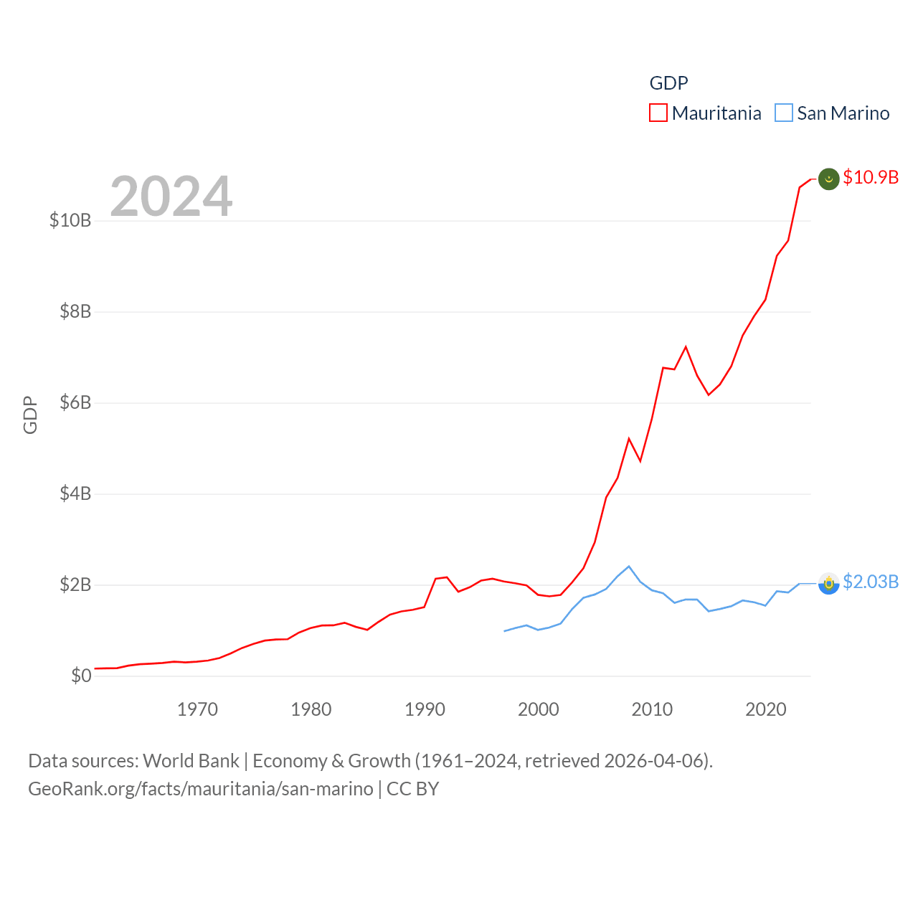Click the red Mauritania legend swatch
658,113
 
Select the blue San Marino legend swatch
784,113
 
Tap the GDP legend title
668,83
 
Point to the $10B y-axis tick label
70,220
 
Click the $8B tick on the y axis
75,311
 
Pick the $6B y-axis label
75,402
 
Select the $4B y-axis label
75,493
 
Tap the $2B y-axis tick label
75,585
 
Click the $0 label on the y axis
81,676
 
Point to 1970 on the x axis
197,709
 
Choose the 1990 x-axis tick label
425,709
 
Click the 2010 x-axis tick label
652,709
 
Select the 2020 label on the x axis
766,709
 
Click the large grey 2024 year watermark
171,196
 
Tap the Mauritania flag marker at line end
828,179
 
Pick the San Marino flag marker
828,584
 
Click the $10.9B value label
871,177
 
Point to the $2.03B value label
871,582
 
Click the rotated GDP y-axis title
30,415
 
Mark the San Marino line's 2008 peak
629,567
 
